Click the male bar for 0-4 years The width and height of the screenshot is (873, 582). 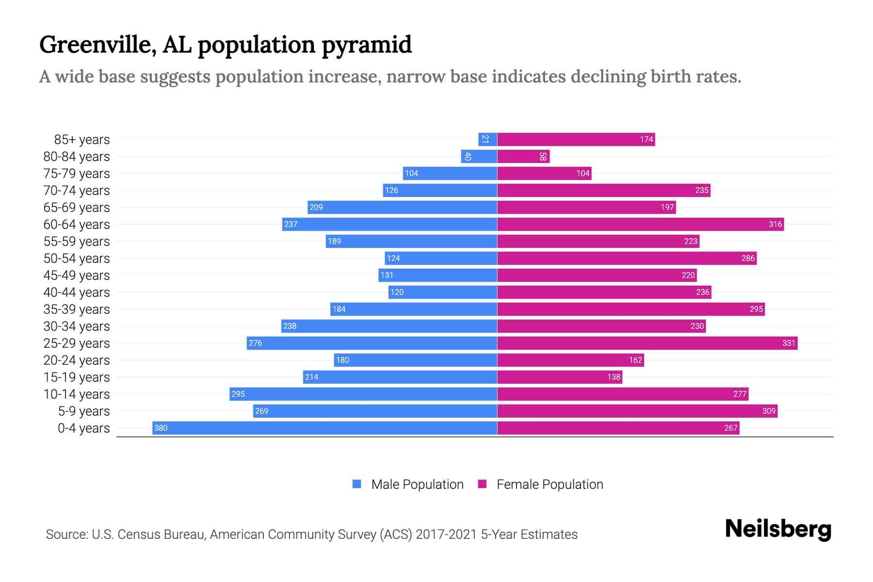coord(325,428)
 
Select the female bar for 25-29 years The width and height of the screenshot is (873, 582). coord(647,343)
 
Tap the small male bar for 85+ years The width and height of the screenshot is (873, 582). coord(487,139)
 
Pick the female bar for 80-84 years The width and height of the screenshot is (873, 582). coord(523,156)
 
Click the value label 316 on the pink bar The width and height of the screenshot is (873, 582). coord(775,224)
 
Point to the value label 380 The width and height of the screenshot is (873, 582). coord(161,428)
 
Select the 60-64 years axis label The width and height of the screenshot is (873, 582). coord(77,225)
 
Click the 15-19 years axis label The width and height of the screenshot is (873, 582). coord(77,377)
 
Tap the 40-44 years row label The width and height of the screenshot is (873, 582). coord(77,292)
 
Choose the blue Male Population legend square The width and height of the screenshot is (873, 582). coord(357,484)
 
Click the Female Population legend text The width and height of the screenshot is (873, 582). coord(550,485)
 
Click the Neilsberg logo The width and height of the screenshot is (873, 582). coord(778,529)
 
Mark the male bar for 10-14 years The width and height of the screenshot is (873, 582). coord(363,394)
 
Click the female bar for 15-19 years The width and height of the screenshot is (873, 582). coord(559,377)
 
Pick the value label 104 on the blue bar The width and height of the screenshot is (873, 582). coord(411,173)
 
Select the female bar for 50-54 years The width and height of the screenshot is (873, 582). coord(627,258)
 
